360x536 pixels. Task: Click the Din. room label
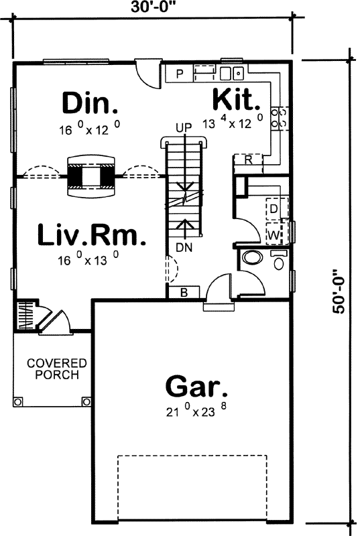(90, 103)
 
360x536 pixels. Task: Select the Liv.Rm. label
(91, 235)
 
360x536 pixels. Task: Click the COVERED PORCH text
(52, 369)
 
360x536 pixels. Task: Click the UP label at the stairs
(184, 127)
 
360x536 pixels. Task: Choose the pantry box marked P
(180, 73)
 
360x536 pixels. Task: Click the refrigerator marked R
(247, 160)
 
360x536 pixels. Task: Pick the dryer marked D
(274, 209)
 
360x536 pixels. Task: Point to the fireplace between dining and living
(90, 176)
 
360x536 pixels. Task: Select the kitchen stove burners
(278, 118)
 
